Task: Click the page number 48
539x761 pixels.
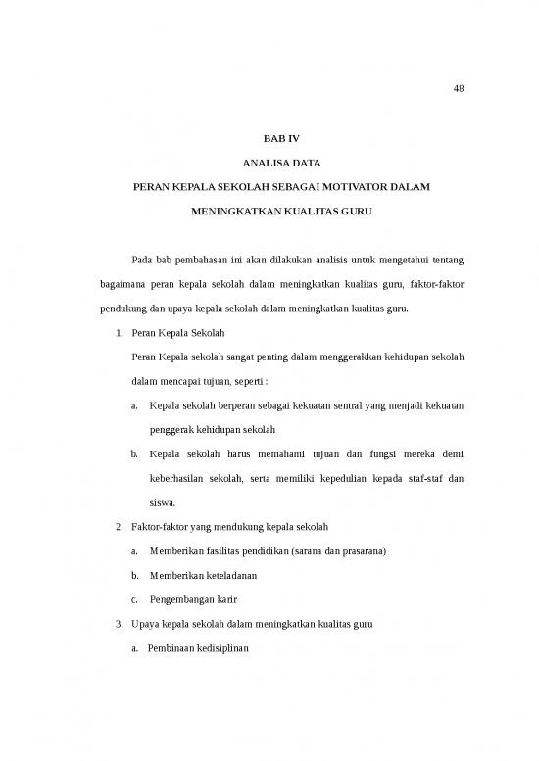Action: [x=459, y=89]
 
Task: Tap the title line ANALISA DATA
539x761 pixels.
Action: [x=269, y=162]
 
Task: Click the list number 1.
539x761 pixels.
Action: [x=119, y=333]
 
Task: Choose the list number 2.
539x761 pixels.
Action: [x=119, y=528]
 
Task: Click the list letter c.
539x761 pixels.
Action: [x=133, y=599]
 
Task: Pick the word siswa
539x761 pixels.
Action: [x=161, y=504]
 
